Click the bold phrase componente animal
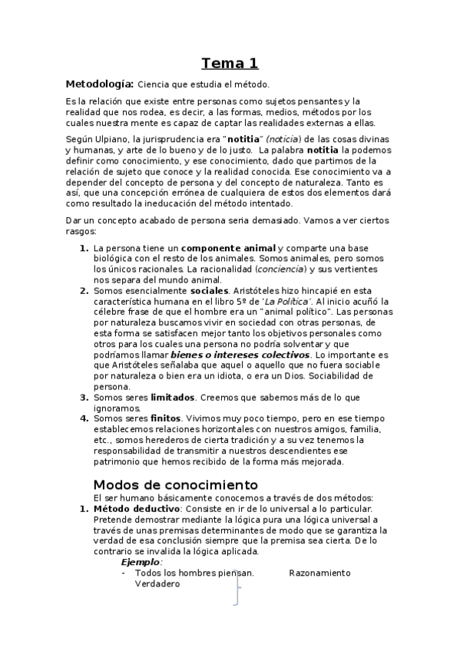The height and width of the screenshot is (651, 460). pyautogui.click(x=228, y=249)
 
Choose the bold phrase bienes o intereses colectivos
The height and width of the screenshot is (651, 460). pyautogui.click(x=240, y=355)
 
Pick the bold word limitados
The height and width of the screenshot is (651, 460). pyautogui.click(x=172, y=398)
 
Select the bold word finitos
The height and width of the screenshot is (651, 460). pyautogui.click(x=165, y=419)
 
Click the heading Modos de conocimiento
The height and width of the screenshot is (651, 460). pyautogui.click(x=175, y=485)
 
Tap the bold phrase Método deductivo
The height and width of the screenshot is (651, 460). pyautogui.click(x=136, y=509)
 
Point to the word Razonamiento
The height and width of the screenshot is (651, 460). pyautogui.click(x=319, y=573)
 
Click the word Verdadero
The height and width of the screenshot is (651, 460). pyautogui.click(x=157, y=583)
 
